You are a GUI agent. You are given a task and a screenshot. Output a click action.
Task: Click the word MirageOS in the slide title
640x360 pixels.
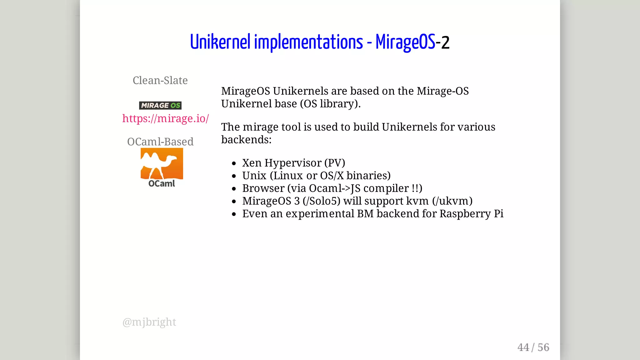[405, 42]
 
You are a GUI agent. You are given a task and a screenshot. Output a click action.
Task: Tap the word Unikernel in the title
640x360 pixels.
[220, 42]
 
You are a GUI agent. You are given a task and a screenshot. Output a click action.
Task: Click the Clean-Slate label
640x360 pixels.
[160, 81]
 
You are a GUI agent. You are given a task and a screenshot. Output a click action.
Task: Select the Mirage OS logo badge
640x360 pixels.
[160, 105]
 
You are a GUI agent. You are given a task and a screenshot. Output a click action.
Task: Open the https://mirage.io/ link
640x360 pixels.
[165, 118]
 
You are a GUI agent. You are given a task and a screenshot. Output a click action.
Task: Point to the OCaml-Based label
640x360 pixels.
[160, 142]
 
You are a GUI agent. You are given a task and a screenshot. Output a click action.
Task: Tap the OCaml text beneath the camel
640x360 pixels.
[162, 183]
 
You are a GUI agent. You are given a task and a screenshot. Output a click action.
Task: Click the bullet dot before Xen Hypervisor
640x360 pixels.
[234, 163]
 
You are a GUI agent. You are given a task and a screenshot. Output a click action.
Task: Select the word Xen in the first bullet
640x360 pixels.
[252, 163]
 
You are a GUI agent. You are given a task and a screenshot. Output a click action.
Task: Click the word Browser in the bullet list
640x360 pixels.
[263, 188]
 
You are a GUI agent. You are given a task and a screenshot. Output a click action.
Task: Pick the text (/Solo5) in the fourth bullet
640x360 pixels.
[321, 201]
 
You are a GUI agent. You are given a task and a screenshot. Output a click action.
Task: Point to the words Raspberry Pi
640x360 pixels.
[471, 214]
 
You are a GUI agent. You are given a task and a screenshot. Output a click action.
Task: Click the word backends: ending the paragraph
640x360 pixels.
[246, 140]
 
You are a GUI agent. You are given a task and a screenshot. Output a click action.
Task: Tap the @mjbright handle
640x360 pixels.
[149, 322]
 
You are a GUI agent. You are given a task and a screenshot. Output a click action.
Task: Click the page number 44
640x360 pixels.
[523, 347]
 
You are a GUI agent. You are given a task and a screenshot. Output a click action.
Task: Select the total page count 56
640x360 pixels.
[543, 347]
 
